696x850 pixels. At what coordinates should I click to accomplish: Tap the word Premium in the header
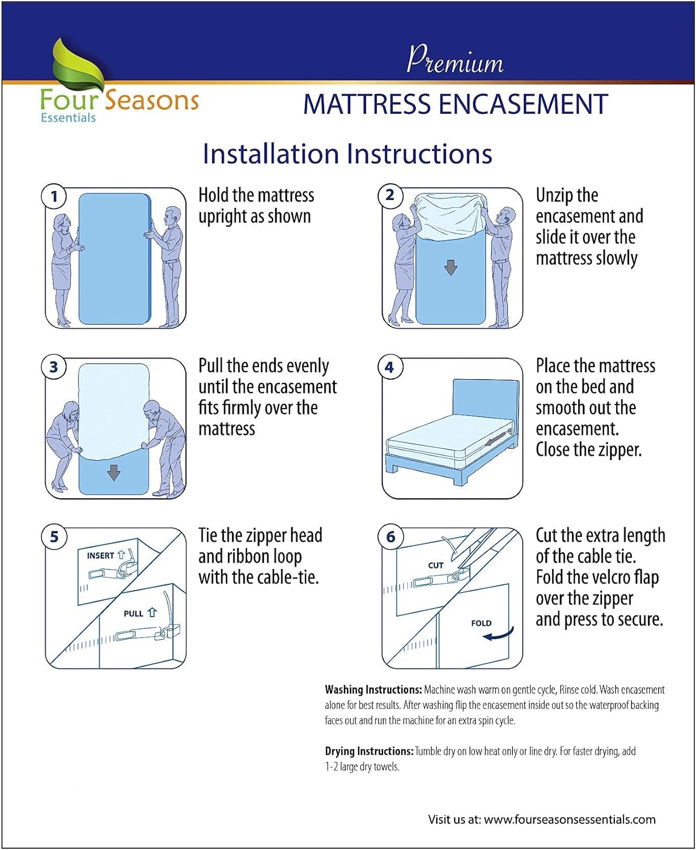click(x=455, y=60)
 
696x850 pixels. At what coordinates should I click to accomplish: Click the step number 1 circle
click(x=54, y=197)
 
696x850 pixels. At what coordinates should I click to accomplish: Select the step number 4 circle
click(x=389, y=367)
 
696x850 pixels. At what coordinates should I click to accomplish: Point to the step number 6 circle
click(x=391, y=537)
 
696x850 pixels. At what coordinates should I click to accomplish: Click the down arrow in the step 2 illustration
click(x=451, y=267)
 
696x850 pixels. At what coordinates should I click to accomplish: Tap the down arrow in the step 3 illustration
click(x=114, y=473)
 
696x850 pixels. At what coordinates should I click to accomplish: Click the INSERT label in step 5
click(x=101, y=556)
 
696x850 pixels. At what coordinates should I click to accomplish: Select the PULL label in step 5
click(x=134, y=614)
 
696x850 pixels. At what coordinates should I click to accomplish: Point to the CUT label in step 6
click(x=435, y=566)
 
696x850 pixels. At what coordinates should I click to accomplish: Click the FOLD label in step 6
click(x=481, y=623)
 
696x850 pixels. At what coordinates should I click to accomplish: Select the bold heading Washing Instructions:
click(x=373, y=690)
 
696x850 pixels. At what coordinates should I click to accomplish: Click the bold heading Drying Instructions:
click(x=369, y=751)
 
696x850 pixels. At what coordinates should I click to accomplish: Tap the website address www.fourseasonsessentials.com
click(x=570, y=819)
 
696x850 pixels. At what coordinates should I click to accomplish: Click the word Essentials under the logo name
click(x=68, y=118)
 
